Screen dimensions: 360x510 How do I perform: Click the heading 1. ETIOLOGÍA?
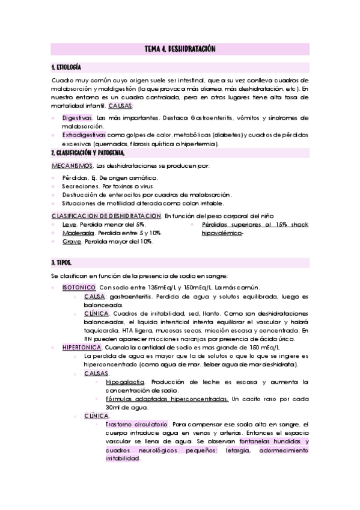pyautogui.click(x=66, y=66)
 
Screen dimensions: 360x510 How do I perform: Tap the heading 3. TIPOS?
pyautogui.click(x=61, y=263)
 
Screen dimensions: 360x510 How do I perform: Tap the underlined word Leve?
pyautogui.click(x=69, y=224)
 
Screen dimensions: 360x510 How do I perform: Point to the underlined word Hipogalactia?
pyautogui.click(x=125, y=381)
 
